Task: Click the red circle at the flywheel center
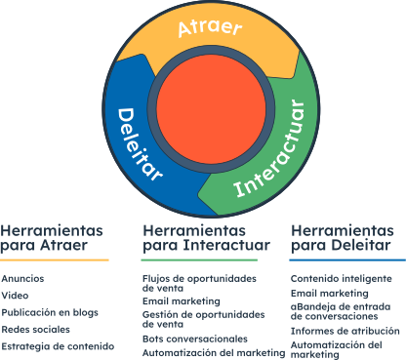pyautogui.click(x=204, y=108)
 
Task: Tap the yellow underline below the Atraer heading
pyautogui.click(x=55, y=260)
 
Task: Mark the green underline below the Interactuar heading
pyautogui.click(x=200, y=260)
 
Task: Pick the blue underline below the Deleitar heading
pyautogui.click(x=347, y=260)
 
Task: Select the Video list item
pyautogui.click(x=15, y=296)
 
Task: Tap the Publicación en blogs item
pyautogui.click(x=49, y=312)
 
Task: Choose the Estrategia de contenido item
pyautogui.click(x=52, y=346)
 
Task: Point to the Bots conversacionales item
pyautogui.click(x=195, y=337)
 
